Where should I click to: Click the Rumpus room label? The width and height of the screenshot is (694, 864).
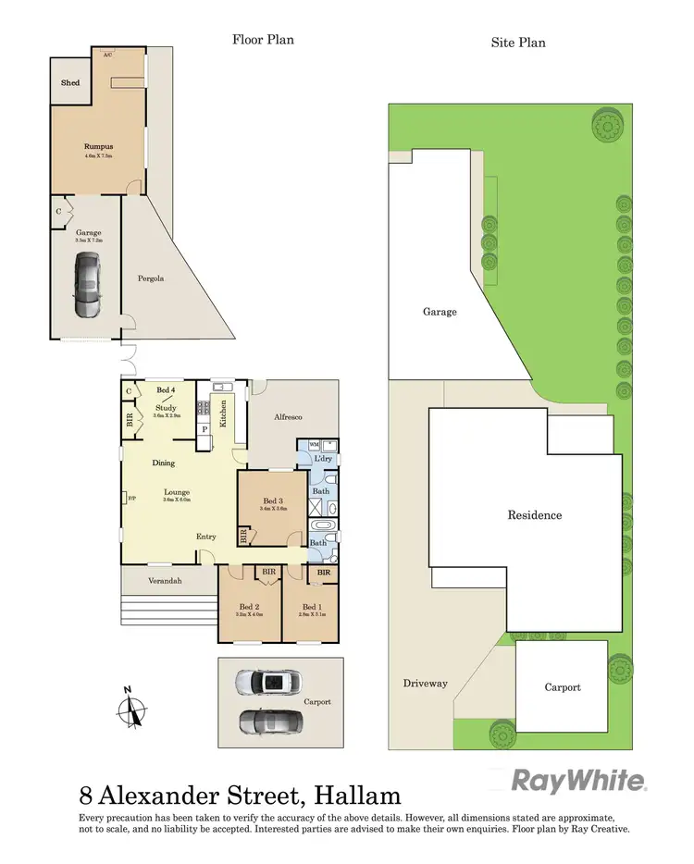point(98,146)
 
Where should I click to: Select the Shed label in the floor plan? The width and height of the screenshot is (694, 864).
point(70,83)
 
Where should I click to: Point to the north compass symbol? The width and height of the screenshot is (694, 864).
point(133,709)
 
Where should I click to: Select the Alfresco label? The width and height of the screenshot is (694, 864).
point(289,417)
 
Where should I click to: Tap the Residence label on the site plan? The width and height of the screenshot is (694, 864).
point(534,515)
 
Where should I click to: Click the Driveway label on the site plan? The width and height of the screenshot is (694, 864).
point(425,684)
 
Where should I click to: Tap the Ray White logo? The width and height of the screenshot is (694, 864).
point(579,782)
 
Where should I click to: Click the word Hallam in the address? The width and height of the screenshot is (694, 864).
point(357,795)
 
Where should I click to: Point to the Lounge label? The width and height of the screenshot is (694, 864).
point(177,492)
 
